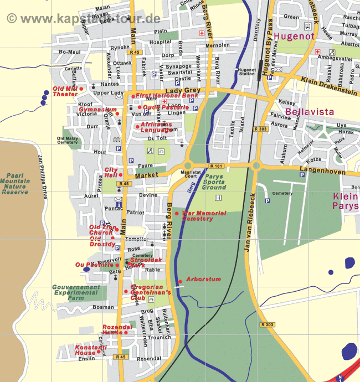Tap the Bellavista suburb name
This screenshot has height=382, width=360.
310,112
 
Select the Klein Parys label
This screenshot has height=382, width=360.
346,201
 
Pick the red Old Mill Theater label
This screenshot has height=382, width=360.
65,91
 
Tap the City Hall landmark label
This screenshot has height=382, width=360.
111,172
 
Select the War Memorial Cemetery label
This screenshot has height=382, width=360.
204,215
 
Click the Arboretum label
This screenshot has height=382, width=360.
203,280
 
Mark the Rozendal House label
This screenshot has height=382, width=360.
117,329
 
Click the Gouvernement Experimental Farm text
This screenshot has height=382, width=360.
76,292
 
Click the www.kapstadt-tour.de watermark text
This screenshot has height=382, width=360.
83,18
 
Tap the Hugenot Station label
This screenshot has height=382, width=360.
245,72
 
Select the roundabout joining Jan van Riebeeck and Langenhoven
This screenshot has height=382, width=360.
256,165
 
